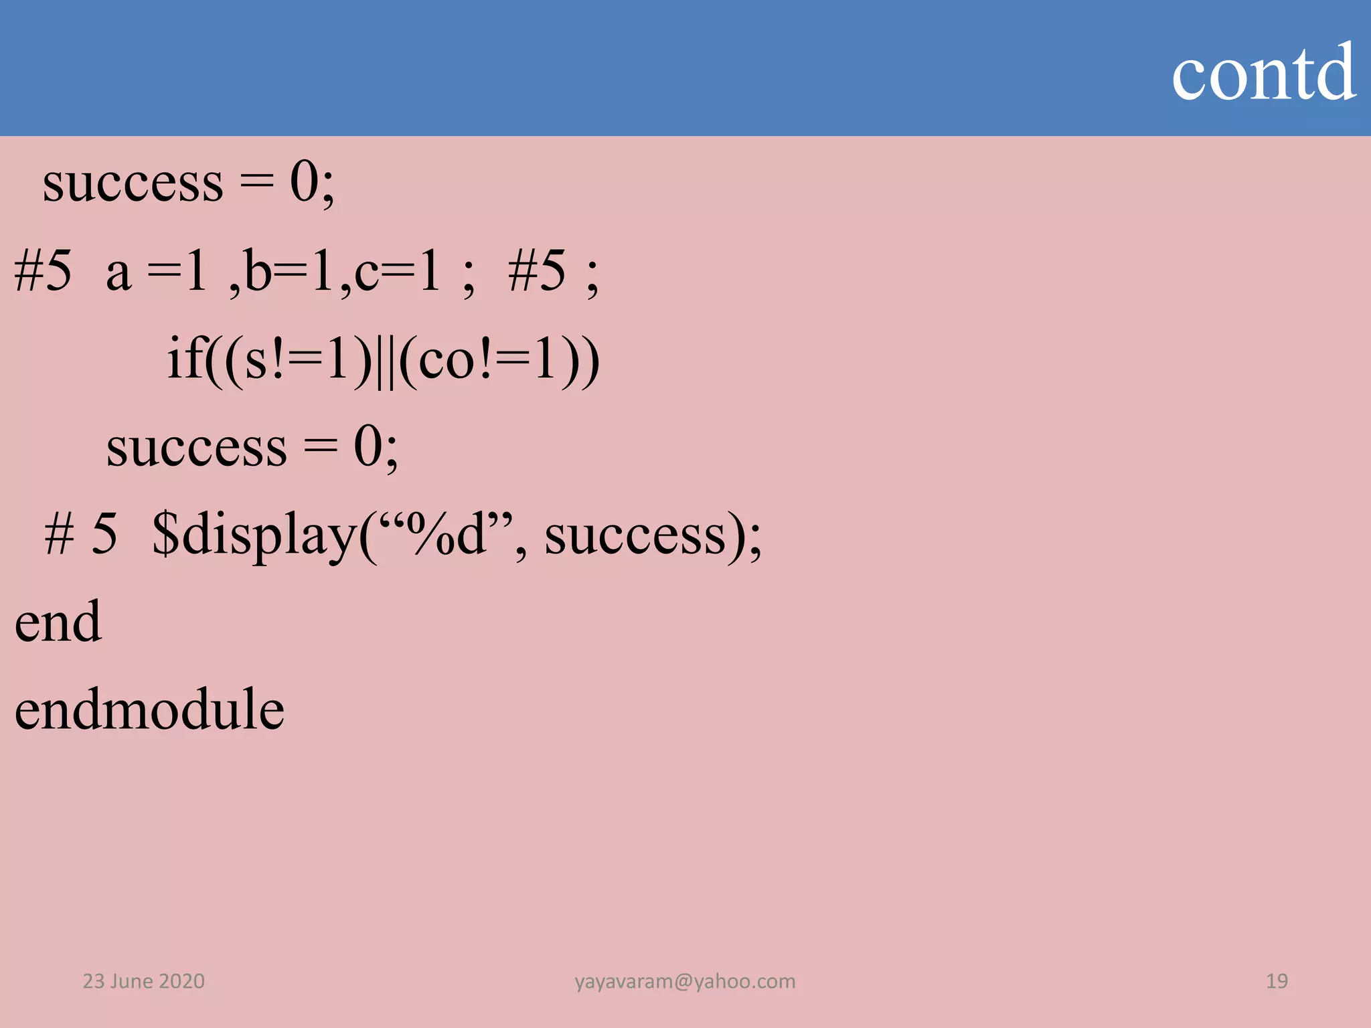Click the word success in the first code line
point(133,183)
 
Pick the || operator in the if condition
point(385,361)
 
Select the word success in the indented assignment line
point(196,447)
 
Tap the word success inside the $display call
point(635,535)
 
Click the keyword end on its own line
point(58,622)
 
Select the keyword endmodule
point(149,709)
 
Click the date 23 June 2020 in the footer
point(143,981)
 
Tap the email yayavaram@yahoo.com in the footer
point(685,981)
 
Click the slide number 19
point(1276,981)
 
